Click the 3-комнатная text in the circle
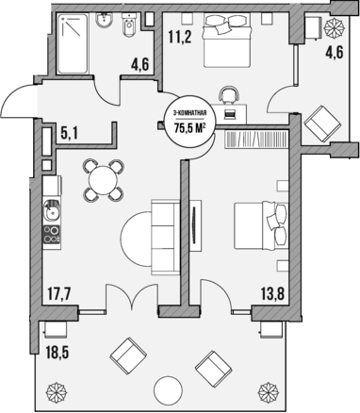coord(187,107)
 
